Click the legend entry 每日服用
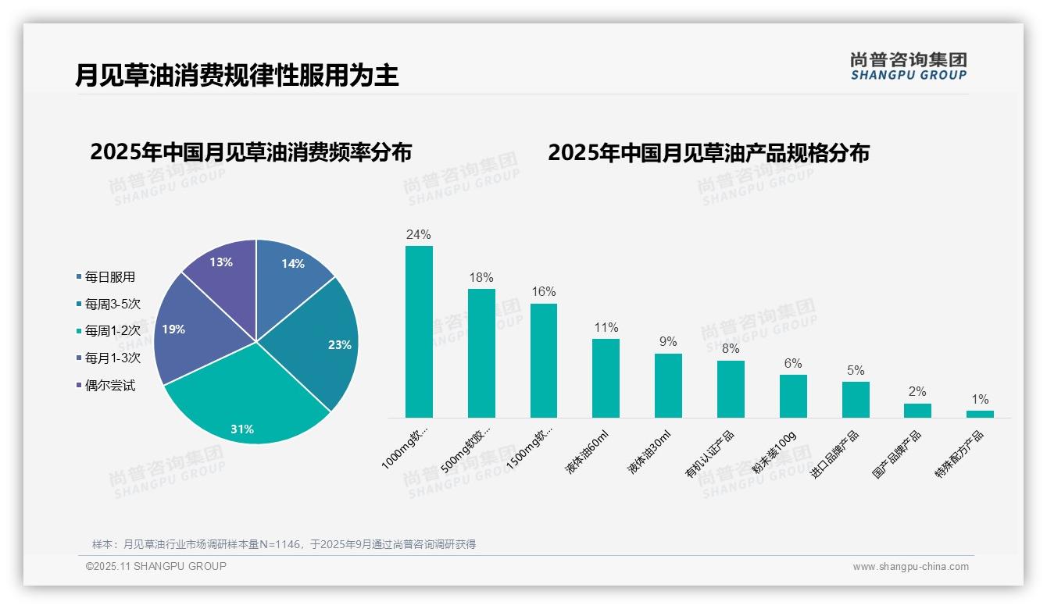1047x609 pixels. pyautogui.click(x=109, y=277)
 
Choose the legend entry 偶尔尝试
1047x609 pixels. pyautogui.click(x=109, y=386)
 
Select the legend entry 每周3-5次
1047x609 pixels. pyautogui.click(x=113, y=304)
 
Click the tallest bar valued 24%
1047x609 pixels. pyautogui.click(x=419, y=332)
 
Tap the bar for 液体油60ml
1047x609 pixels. pyautogui.click(x=606, y=379)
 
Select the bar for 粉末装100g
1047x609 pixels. pyautogui.click(x=793, y=397)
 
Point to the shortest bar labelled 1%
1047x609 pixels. pyautogui.click(x=980, y=414)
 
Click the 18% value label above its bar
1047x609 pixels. pyautogui.click(x=481, y=278)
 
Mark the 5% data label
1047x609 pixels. pyautogui.click(x=856, y=371)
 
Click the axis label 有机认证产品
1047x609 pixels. pyautogui.click(x=709, y=453)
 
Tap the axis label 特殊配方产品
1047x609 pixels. pyautogui.click(x=959, y=453)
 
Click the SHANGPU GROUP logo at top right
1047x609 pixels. pyautogui.click(x=908, y=66)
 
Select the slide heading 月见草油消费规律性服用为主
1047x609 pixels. pyautogui.click(x=237, y=76)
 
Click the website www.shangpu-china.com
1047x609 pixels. pyautogui.click(x=910, y=567)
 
